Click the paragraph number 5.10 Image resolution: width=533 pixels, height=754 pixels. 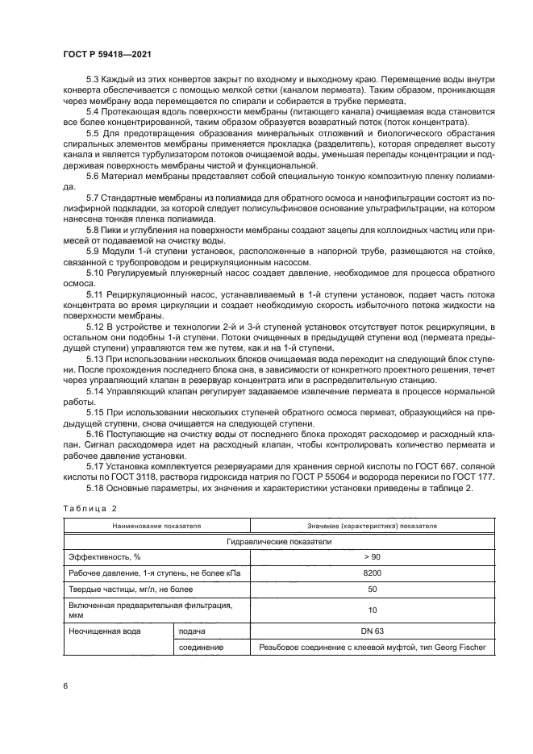[x=96, y=273]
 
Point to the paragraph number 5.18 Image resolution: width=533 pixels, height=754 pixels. [x=96, y=489]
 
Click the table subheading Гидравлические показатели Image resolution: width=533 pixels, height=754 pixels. [x=279, y=542]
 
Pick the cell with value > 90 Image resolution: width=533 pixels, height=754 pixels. [x=372, y=558]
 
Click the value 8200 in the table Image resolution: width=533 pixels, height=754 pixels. [x=372, y=574]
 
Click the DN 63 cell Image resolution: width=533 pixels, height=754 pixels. [x=372, y=631]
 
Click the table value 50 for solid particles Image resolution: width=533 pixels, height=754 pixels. [x=372, y=590]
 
